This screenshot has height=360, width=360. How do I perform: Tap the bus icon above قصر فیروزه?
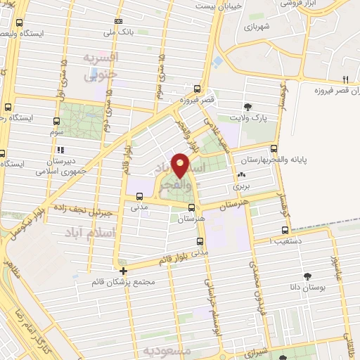197,89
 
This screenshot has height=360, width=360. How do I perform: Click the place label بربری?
242,188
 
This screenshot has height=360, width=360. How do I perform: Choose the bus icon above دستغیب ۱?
285,230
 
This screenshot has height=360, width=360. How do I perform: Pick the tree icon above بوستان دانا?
307,276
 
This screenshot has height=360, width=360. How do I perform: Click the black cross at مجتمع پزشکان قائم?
123,270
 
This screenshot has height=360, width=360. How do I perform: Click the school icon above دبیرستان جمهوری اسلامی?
61,150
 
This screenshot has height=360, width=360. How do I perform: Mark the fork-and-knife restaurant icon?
345,79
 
